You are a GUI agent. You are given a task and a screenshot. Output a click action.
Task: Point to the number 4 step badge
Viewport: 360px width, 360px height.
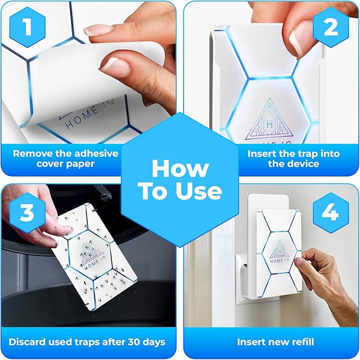tap(330, 214)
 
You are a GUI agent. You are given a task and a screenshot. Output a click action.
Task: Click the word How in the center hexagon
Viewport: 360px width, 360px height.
tap(179, 169)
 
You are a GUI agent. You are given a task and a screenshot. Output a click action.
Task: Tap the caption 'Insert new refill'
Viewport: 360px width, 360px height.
tap(271, 342)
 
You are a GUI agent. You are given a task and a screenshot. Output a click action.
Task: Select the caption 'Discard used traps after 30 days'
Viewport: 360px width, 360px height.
tap(87, 342)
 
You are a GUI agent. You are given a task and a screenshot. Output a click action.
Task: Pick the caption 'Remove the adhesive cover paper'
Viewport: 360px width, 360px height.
tap(66, 159)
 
